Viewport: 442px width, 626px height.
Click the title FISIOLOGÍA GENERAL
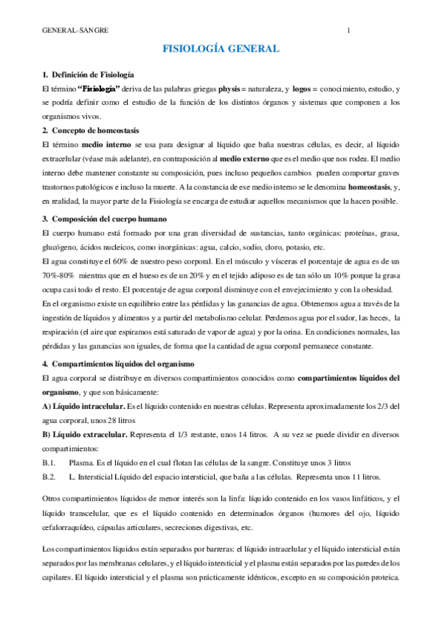pyautogui.click(x=221, y=49)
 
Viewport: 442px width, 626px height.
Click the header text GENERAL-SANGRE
pyautogui.click(x=75, y=31)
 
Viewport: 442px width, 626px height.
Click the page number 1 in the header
pyautogui.click(x=348, y=31)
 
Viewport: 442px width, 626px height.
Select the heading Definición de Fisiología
pyautogui.click(x=91, y=75)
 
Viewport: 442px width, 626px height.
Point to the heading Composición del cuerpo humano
pyautogui.click(x=108, y=219)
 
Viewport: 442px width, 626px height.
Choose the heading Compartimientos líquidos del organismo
pyautogui.click(x=122, y=363)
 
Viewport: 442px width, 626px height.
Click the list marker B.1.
pyautogui.click(x=50, y=462)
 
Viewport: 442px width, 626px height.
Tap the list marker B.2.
pyautogui.click(x=50, y=477)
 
